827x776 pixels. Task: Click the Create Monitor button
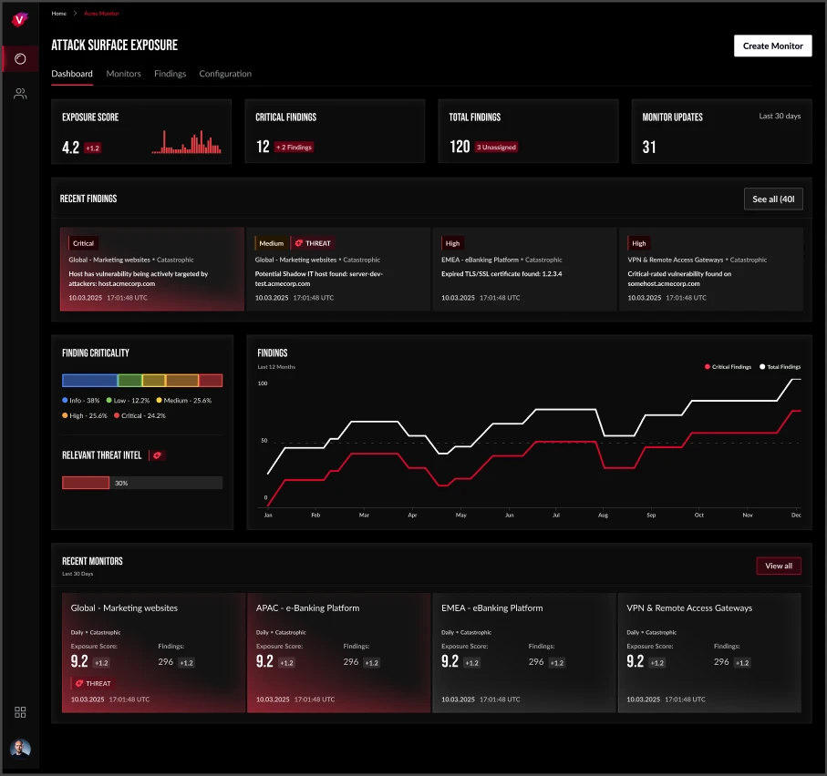point(772,46)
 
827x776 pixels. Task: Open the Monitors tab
point(123,74)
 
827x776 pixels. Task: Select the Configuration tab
point(225,74)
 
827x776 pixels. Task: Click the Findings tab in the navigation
point(170,74)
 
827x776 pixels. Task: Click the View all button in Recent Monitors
point(778,566)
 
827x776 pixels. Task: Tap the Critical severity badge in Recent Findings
point(83,243)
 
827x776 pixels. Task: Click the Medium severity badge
point(271,243)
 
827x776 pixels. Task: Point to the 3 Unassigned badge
point(497,147)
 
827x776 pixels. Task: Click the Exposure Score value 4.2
point(70,147)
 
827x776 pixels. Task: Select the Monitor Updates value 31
point(649,147)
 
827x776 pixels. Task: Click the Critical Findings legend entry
point(728,367)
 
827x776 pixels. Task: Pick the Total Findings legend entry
point(780,367)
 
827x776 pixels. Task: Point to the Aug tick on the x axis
point(603,515)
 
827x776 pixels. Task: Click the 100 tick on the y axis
point(263,383)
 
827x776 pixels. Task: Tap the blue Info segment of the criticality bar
point(89,381)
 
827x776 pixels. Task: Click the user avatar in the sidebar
point(20,748)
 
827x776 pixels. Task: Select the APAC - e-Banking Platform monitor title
point(307,608)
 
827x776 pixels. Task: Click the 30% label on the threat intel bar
point(121,483)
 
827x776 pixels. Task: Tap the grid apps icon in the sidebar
point(20,712)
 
